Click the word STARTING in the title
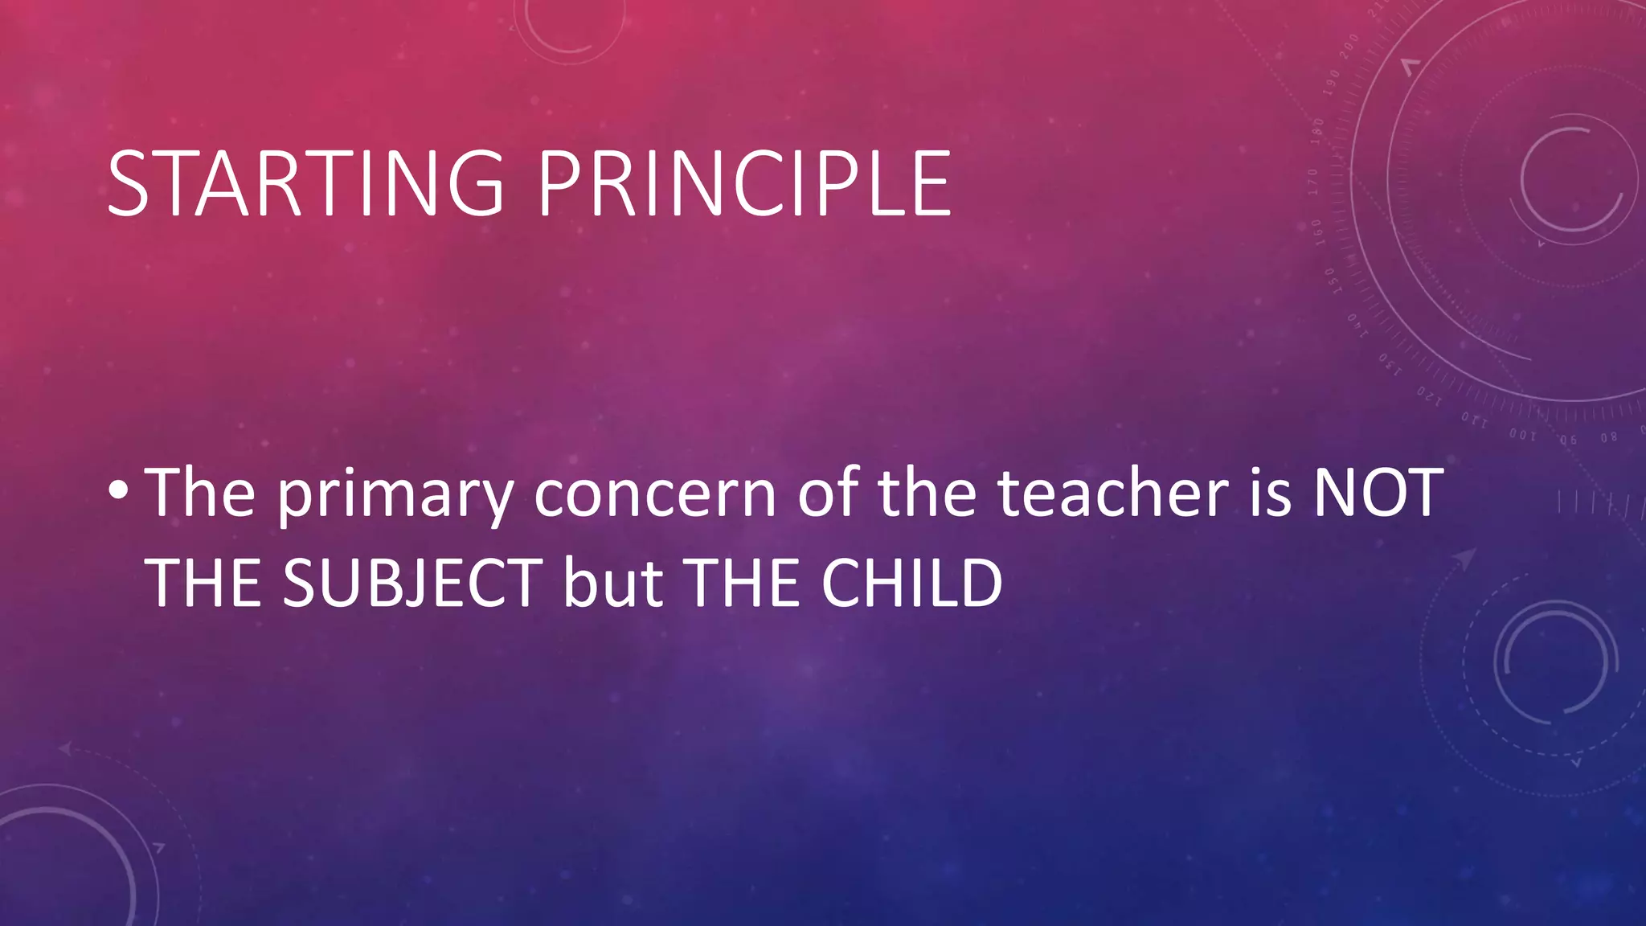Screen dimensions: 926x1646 click(305, 184)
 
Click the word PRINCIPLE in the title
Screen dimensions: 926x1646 click(744, 184)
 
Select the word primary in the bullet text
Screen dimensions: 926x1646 click(395, 495)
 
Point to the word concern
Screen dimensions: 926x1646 click(655, 494)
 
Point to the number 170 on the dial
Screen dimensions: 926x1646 click(1312, 182)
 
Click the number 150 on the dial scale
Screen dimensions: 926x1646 click(1331, 281)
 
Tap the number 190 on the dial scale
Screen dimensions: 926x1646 click(1333, 82)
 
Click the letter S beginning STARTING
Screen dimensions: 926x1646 click(129, 184)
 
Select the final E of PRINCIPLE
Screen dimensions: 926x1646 click(932, 184)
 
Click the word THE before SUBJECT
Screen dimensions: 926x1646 click(203, 583)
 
